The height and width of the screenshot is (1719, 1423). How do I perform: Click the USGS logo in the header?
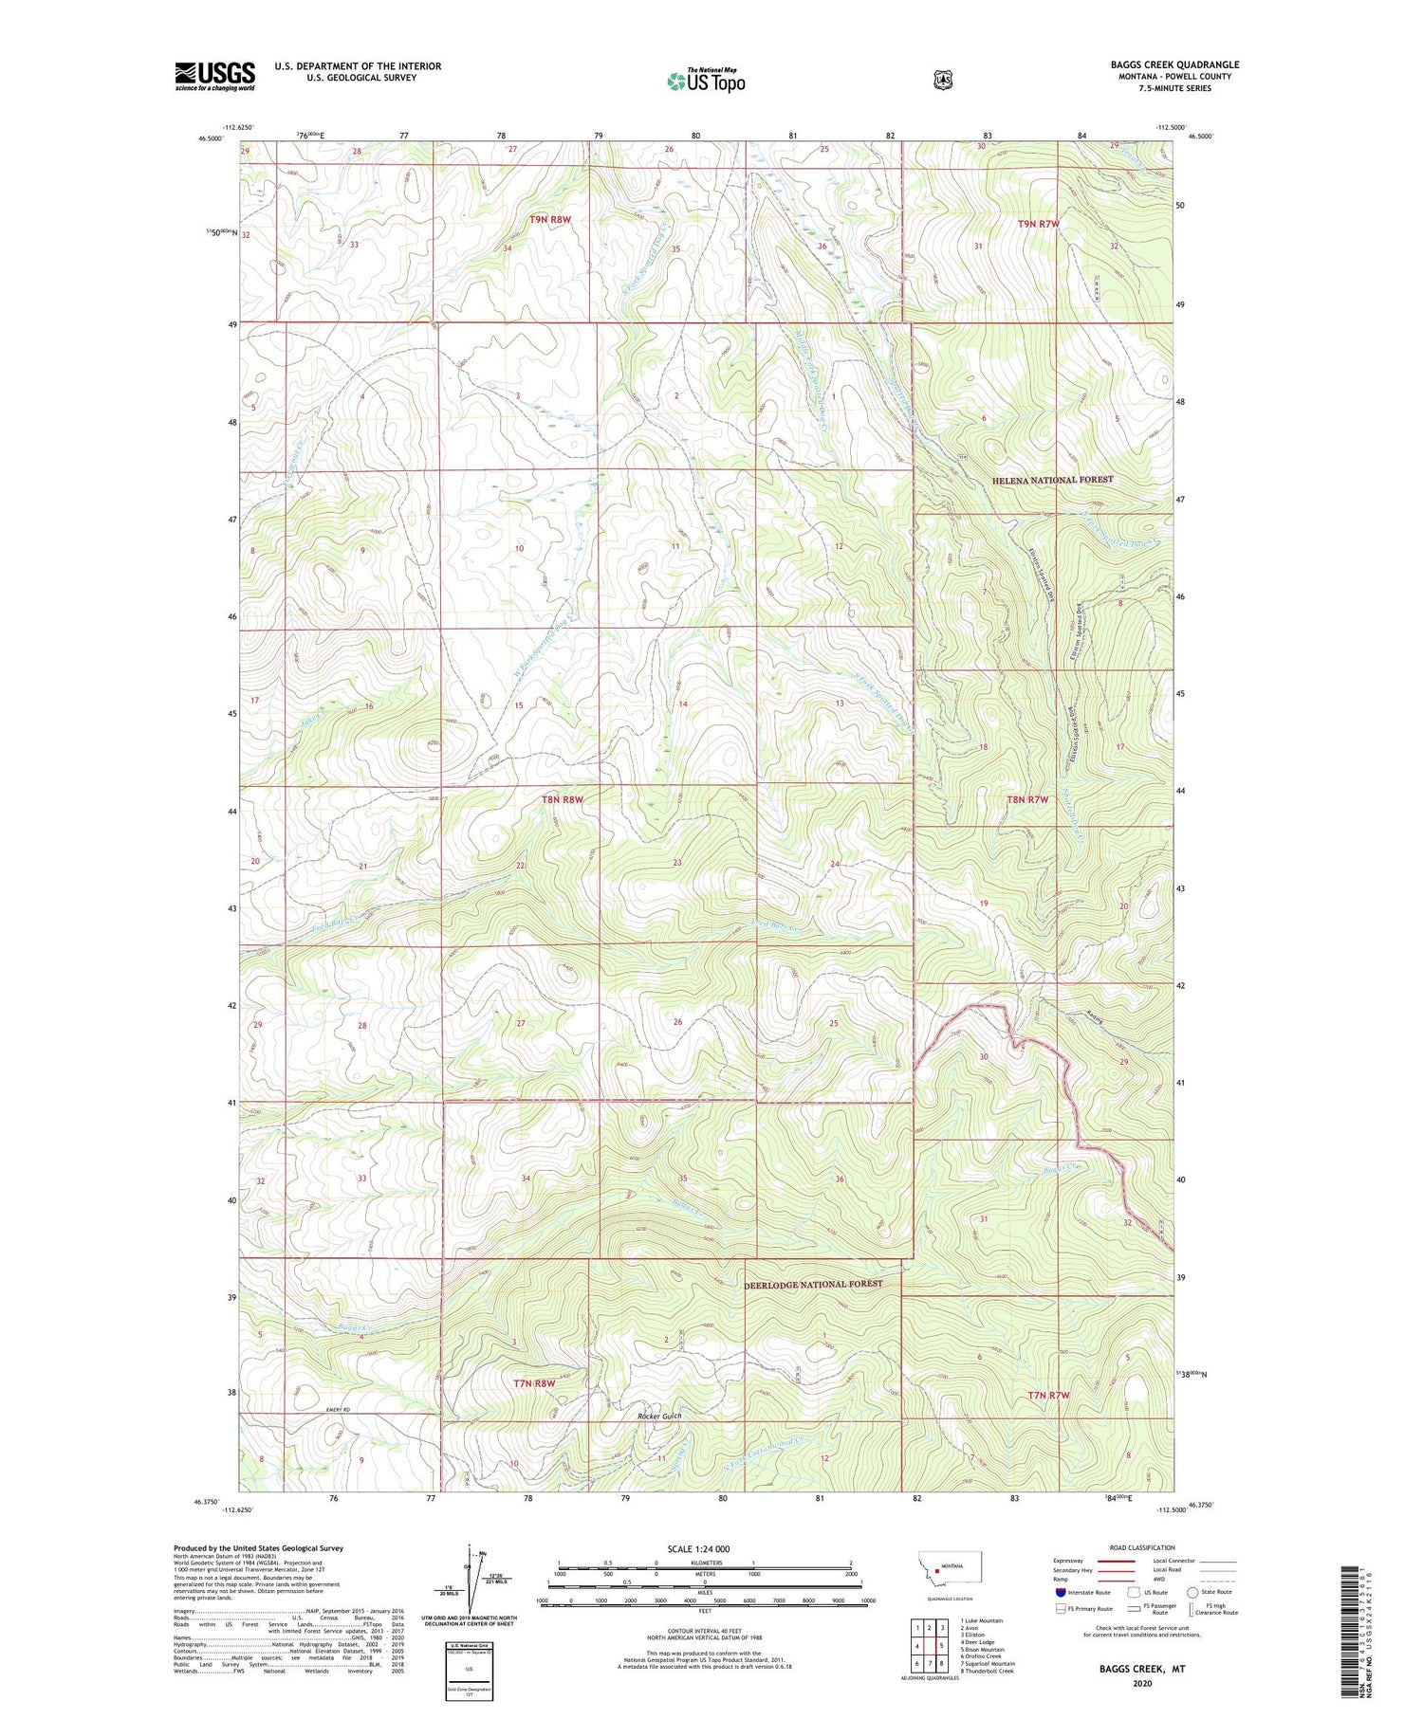click(214, 76)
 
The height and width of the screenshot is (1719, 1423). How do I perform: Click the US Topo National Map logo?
click(706, 81)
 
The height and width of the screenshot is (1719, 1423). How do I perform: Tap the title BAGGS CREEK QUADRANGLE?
click(1174, 65)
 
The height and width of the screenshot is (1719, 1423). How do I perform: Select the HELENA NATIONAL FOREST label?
click(1052, 480)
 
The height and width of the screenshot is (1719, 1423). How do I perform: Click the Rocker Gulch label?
click(659, 1416)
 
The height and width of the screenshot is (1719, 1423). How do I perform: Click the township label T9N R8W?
click(550, 219)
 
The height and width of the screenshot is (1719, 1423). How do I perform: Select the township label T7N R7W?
click(1048, 1395)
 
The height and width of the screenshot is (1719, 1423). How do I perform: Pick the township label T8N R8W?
click(563, 799)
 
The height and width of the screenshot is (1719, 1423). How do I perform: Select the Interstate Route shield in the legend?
click(1060, 1592)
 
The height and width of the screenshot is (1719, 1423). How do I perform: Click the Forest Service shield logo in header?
click(942, 81)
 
